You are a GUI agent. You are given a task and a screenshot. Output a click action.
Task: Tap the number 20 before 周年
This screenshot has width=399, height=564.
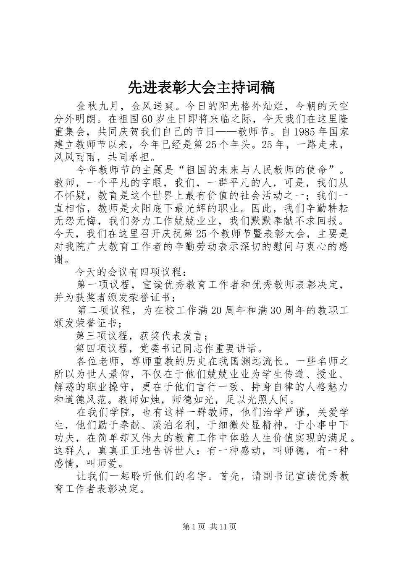[215, 311]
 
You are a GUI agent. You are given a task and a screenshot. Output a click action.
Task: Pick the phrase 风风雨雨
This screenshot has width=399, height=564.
[76, 157]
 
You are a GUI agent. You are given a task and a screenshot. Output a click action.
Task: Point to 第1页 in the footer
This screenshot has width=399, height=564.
[194, 526]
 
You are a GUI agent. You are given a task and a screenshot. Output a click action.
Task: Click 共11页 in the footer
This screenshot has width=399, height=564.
[223, 526]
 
